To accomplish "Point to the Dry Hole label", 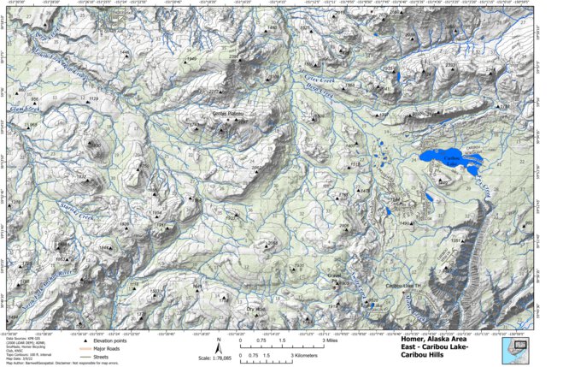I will click(x=256, y=309).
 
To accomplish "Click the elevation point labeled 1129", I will click(x=93, y=99).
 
